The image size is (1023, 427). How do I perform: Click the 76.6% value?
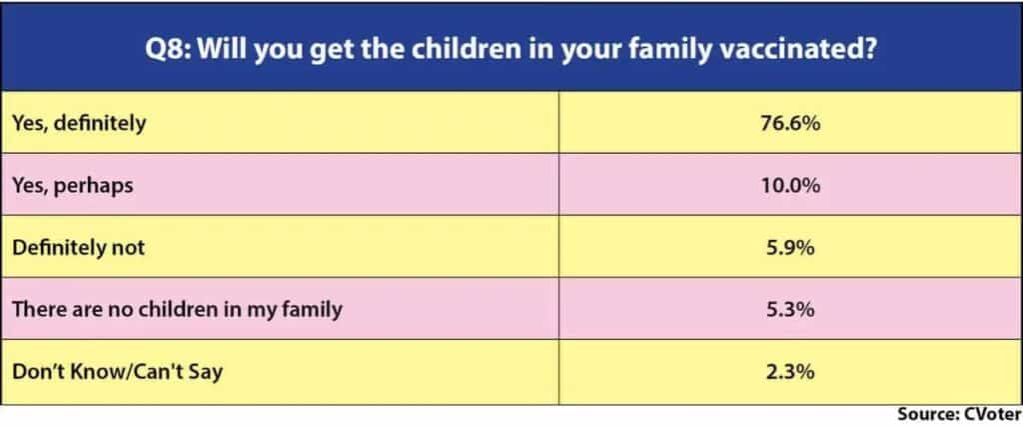[x=790, y=123]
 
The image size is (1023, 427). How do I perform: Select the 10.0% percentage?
[x=790, y=185]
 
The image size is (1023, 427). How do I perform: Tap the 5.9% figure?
[x=790, y=247]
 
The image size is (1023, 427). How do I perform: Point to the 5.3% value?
[x=790, y=309]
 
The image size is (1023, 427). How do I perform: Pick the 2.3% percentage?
[x=790, y=372]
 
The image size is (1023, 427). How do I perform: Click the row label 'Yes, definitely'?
[x=79, y=124]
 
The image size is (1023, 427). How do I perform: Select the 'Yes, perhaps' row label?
[x=72, y=186]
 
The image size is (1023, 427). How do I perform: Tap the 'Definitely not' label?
[x=78, y=248]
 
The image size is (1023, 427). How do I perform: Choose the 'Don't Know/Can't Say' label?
[x=118, y=372]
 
